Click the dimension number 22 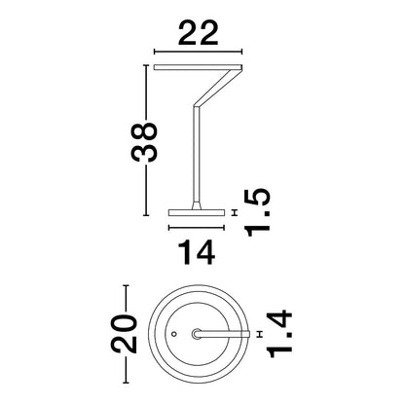click(x=198, y=33)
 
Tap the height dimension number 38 click(x=144, y=141)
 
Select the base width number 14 click(x=197, y=252)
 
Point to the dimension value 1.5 click(x=258, y=212)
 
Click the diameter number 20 click(x=124, y=334)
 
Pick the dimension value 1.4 click(x=279, y=334)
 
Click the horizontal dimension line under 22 click(x=198, y=52)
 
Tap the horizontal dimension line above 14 click(x=197, y=228)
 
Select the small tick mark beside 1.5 click(x=235, y=212)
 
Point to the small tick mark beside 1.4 click(x=259, y=334)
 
